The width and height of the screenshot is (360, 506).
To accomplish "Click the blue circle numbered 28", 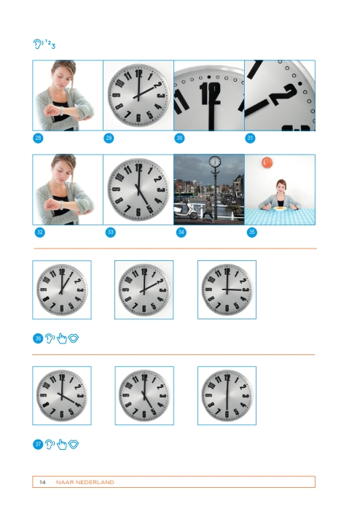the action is click(38, 138).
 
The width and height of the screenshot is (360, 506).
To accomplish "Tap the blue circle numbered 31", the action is click(250, 138).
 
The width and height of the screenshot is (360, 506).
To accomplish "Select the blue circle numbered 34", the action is click(181, 232).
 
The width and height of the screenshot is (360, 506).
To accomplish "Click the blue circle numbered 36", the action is click(38, 338).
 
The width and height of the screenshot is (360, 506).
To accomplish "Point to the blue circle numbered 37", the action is click(38, 444).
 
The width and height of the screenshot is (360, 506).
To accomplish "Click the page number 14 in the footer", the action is click(42, 482).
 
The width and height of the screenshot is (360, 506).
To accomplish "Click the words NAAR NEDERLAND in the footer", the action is click(85, 482).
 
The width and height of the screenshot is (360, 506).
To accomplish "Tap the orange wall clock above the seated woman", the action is click(267, 163).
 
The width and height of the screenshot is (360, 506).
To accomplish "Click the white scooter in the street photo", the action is click(186, 211).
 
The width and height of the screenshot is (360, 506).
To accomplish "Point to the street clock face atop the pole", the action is click(215, 162).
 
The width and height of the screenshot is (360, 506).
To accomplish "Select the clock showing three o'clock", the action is click(227, 289).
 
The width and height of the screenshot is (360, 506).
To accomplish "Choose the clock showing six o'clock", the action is click(227, 395).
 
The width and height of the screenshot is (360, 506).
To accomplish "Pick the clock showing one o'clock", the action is click(62, 289).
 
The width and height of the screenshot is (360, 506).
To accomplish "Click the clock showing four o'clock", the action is click(62, 395).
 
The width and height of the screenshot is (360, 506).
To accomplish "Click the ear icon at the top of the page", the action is click(37, 44).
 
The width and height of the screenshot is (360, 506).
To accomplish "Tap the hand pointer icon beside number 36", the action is click(62, 338).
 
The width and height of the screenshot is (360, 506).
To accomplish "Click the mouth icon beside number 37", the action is click(74, 444).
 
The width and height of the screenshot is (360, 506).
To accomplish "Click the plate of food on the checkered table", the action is click(279, 209).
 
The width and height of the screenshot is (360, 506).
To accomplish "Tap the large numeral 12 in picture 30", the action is click(210, 93).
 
